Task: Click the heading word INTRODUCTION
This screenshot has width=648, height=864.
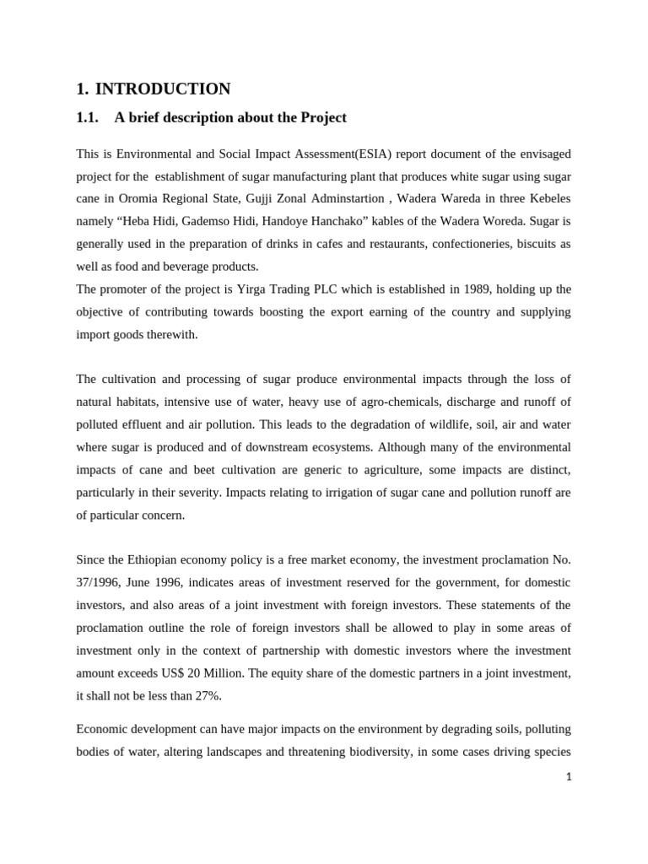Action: [x=163, y=89]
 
